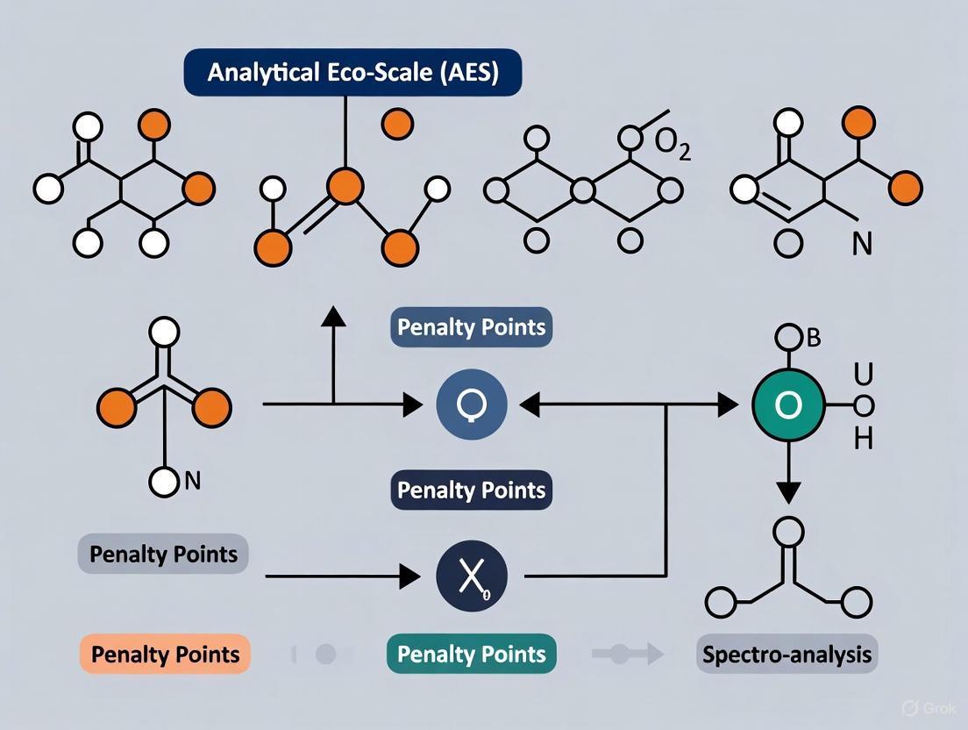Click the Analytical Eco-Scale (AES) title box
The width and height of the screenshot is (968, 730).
coord(352,73)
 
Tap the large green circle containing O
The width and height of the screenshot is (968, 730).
coord(788,404)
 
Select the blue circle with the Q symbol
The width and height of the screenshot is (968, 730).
coord(472,404)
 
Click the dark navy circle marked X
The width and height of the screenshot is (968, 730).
coord(472,576)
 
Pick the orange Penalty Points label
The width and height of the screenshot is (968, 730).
coord(165,654)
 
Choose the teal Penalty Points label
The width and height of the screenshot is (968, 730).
coord(472,654)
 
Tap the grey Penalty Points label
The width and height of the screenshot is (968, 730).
coord(164,555)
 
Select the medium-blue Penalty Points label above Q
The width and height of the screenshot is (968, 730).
coord(472,328)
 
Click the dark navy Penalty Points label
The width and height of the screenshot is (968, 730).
coord(472,490)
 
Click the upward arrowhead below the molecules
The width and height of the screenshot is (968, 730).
coord(333,317)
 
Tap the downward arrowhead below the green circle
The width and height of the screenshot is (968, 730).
coord(788,492)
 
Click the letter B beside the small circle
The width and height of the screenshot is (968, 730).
coord(814,339)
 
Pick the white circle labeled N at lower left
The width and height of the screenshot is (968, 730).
coord(163,481)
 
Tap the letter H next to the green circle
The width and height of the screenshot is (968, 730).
coord(863,438)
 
